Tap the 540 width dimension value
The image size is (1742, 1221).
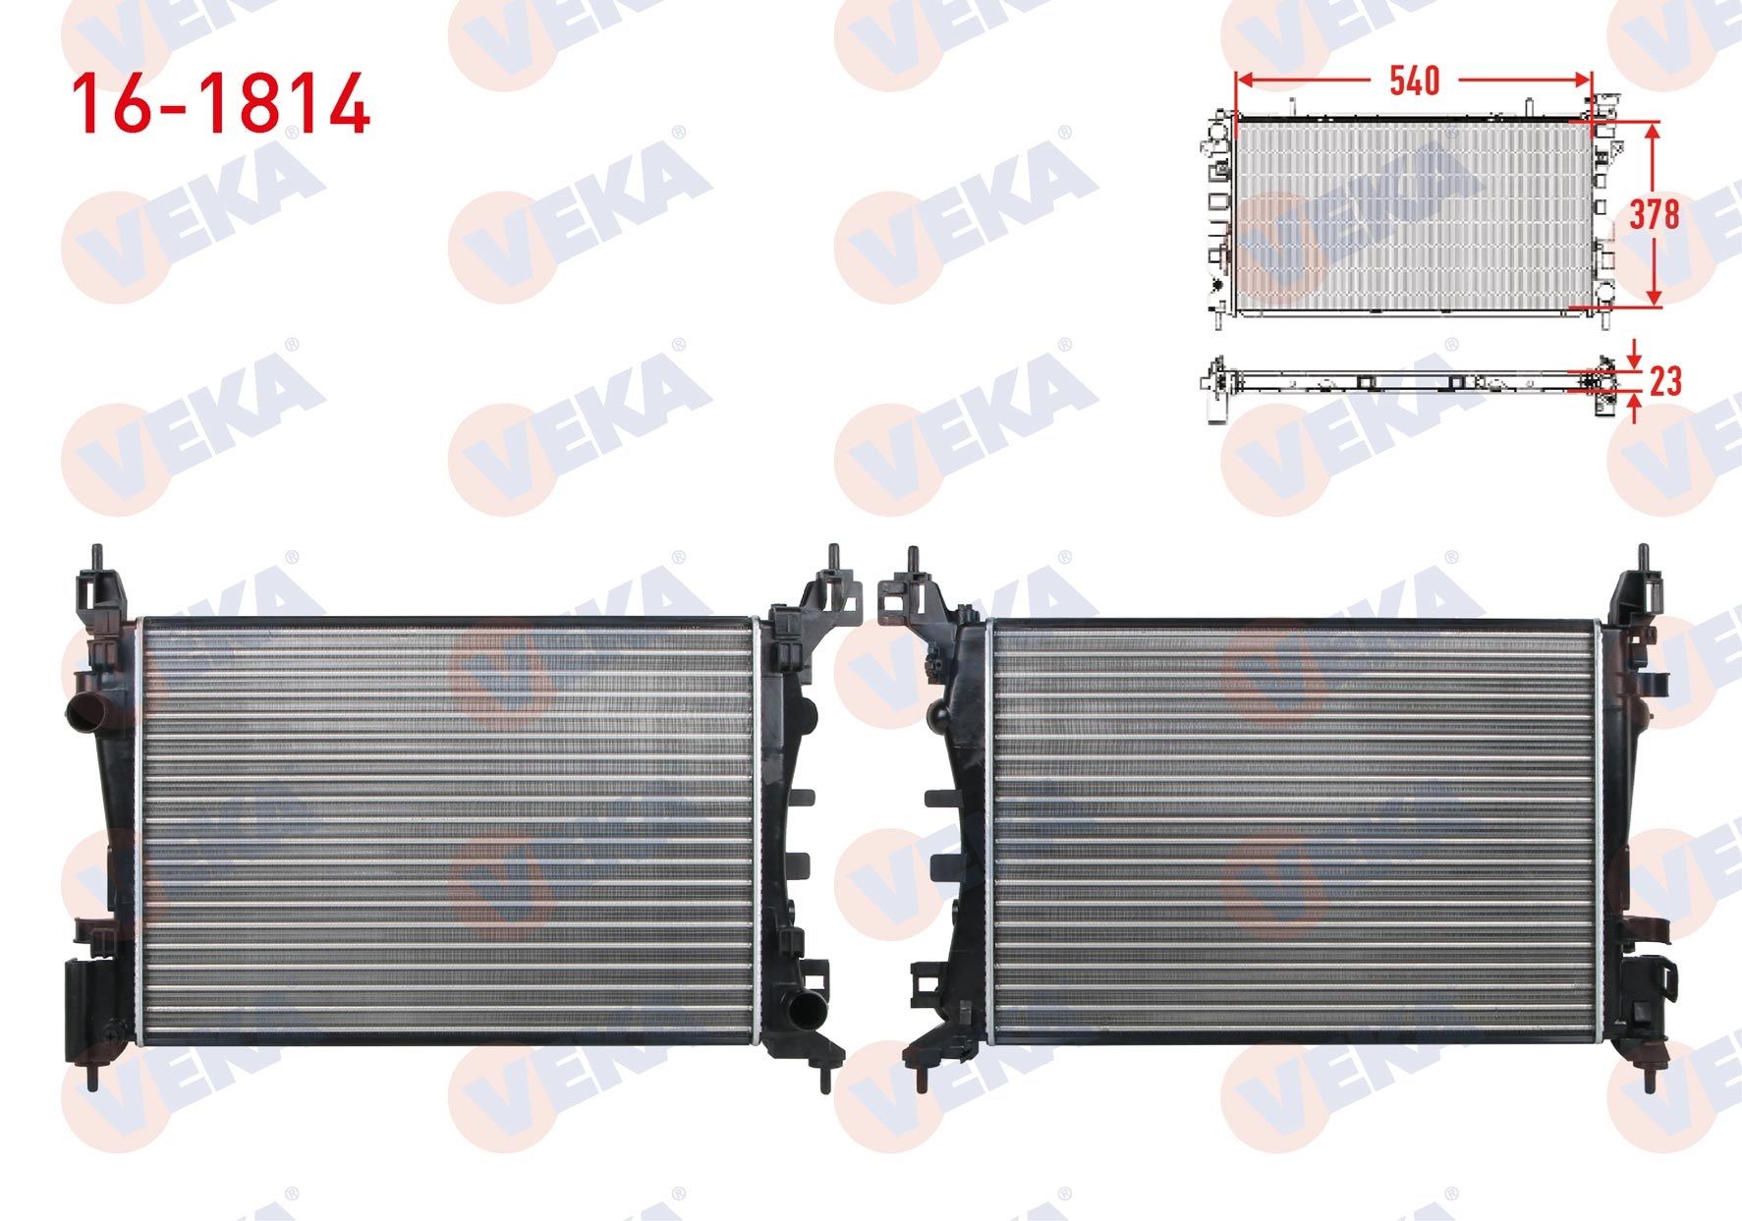tap(1414, 81)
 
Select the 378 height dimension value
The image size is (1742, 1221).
tap(1655, 214)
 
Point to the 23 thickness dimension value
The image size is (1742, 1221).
tap(1664, 380)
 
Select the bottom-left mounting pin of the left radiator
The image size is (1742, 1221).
tap(91, 1074)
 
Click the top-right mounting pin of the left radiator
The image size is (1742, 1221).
tap(833, 558)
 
